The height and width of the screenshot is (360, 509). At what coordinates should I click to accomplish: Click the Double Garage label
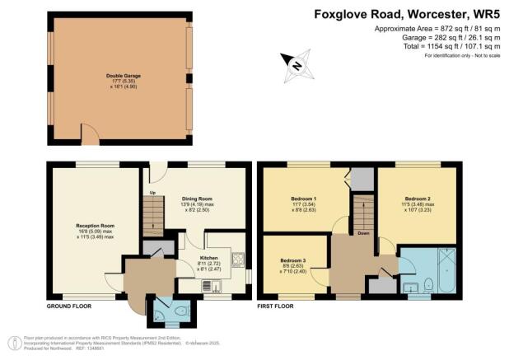pyautogui.click(x=123, y=75)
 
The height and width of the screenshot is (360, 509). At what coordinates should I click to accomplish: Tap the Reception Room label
pyautogui.click(x=96, y=225)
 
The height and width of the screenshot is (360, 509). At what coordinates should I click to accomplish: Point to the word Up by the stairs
pyautogui.click(x=152, y=194)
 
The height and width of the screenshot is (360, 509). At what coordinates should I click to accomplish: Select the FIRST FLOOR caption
pyautogui.click(x=276, y=306)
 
